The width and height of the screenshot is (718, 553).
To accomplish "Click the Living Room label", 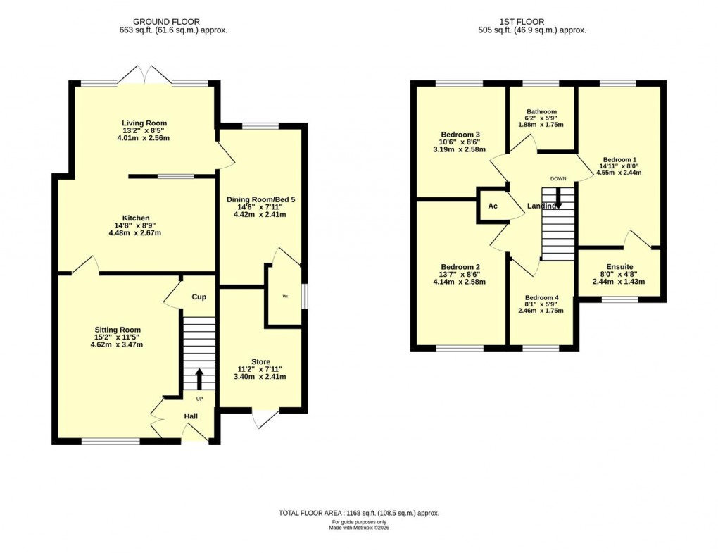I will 144,123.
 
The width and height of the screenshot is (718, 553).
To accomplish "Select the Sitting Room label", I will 118,330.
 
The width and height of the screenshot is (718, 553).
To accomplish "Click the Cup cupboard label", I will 199,297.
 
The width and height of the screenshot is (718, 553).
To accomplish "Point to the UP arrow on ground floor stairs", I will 199,378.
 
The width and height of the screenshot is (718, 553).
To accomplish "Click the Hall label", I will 191,416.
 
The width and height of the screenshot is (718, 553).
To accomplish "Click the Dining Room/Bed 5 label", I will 260,199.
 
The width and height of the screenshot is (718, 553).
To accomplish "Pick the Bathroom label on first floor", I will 542,111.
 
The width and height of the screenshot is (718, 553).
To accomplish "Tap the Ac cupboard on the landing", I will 493,206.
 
